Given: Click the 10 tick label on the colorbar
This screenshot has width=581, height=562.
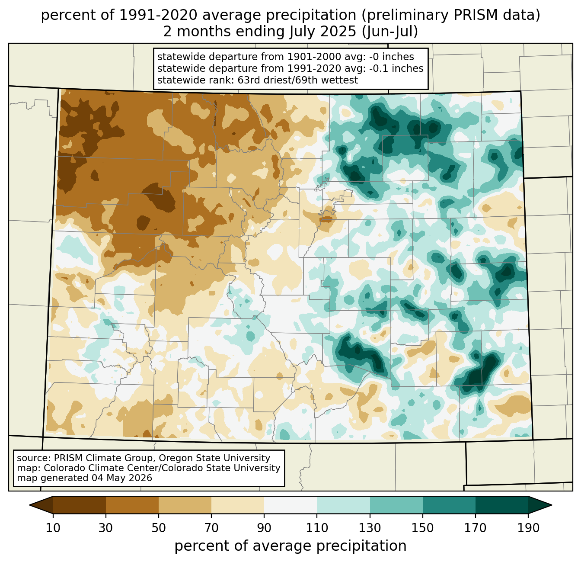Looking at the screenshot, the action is (53, 528).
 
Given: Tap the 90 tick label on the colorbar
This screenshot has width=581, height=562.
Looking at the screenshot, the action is (264, 528).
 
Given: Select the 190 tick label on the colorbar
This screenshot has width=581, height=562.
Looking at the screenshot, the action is (528, 528).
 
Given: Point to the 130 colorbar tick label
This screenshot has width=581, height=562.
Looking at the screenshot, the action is (370, 528).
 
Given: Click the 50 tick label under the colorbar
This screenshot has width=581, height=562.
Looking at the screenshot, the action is (159, 528).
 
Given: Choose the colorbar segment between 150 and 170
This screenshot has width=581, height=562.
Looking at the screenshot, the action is (449, 505).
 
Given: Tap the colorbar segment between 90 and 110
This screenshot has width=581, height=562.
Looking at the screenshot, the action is (290, 505).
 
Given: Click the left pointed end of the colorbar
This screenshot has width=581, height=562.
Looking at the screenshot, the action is (29, 505).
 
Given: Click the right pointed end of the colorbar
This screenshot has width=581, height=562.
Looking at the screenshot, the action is (552, 505).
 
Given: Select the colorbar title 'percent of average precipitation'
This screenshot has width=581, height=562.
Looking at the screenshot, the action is (290, 546).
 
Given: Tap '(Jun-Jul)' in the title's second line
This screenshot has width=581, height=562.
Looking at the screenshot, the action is (389, 32).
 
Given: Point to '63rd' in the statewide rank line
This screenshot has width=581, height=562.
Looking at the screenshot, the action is (248, 80).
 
